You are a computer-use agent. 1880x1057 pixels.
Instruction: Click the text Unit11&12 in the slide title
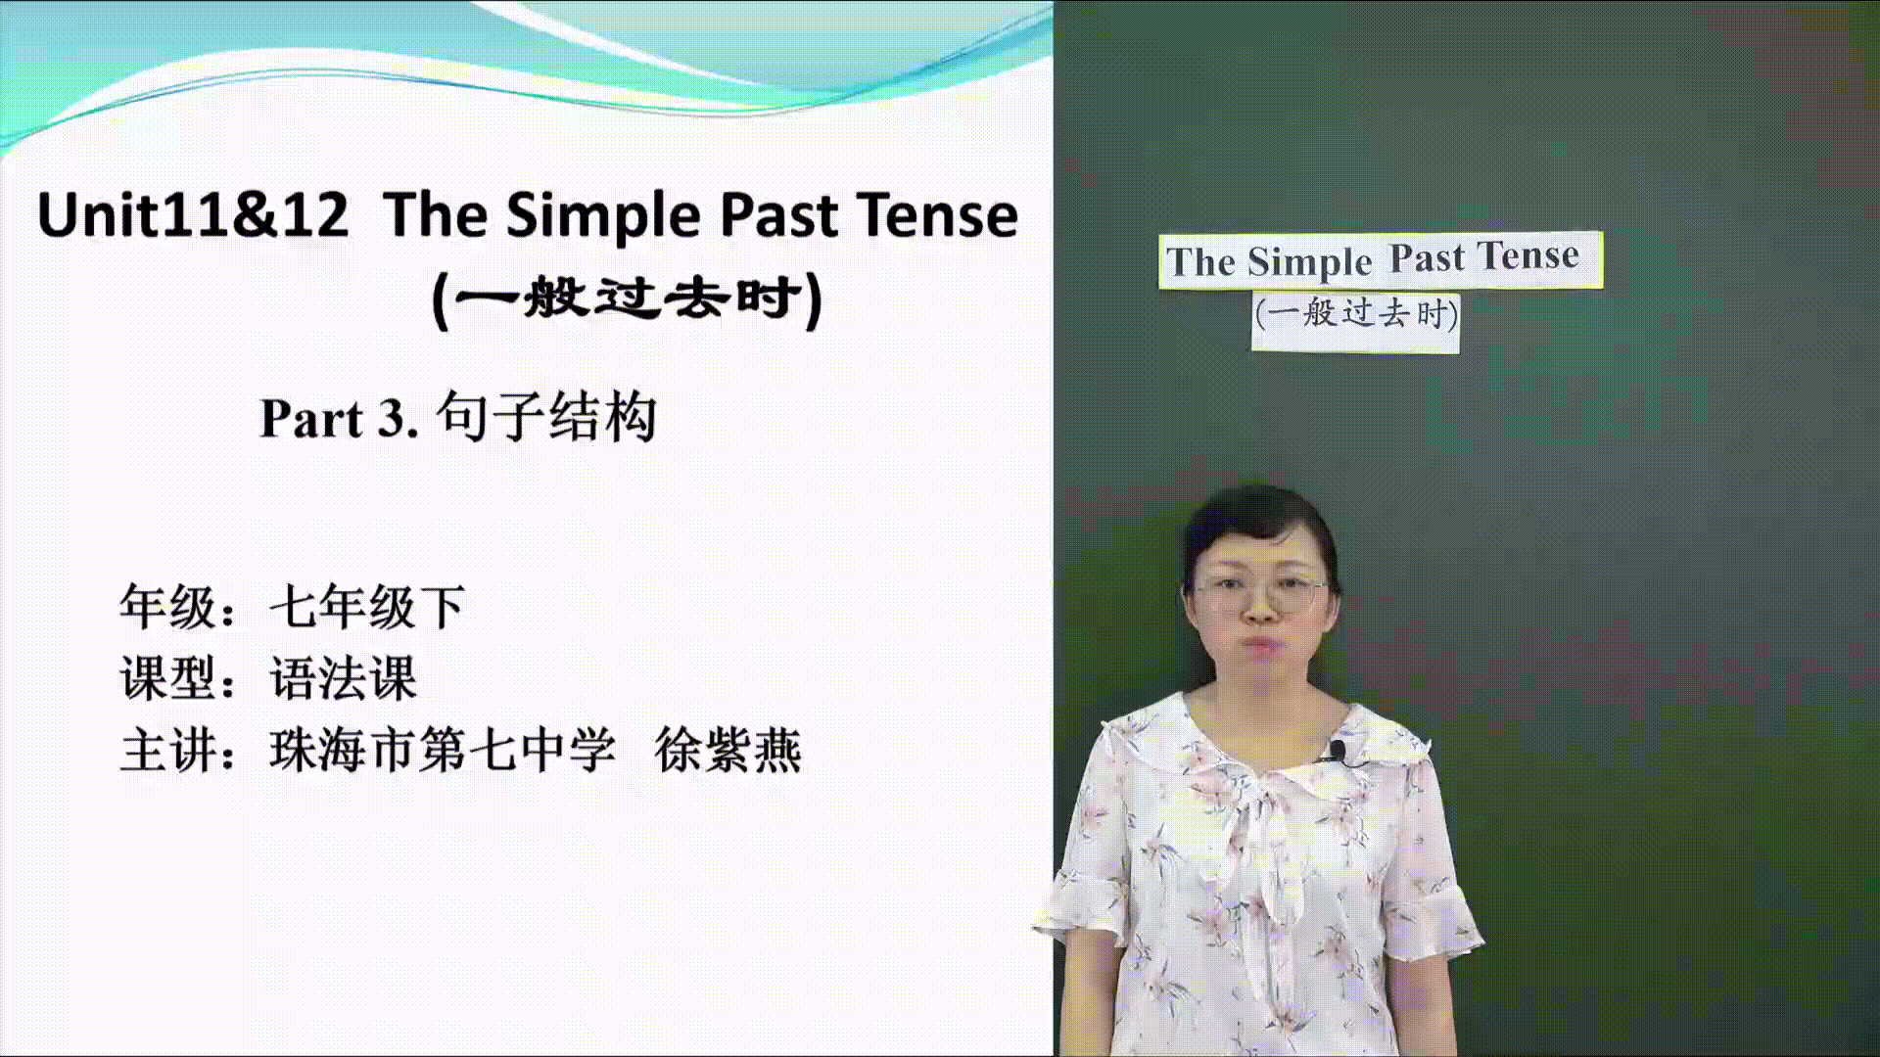tap(193, 215)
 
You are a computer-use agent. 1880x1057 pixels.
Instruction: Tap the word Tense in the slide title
tap(937, 215)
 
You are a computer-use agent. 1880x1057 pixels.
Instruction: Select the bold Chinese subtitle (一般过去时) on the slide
tap(627, 299)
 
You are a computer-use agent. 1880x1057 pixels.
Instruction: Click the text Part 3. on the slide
tap(340, 419)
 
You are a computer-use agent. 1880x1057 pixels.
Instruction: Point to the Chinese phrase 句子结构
tap(546, 417)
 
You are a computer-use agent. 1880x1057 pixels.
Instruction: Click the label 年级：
tap(178, 607)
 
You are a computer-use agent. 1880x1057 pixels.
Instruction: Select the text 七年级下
tap(367, 607)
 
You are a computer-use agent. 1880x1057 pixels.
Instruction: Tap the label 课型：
tap(178, 678)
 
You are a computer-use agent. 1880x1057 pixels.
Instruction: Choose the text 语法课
tap(343, 678)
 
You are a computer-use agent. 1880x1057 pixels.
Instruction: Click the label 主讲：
tap(178, 751)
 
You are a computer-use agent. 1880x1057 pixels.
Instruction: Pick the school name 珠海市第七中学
tap(443, 751)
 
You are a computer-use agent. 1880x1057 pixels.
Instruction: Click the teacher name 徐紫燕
tap(728, 751)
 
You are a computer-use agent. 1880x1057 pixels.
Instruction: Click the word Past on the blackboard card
tap(1428, 258)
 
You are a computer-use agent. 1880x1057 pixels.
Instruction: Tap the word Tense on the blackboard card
tap(1528, 255)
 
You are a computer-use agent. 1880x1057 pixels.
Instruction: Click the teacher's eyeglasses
tap(1261, 593)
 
